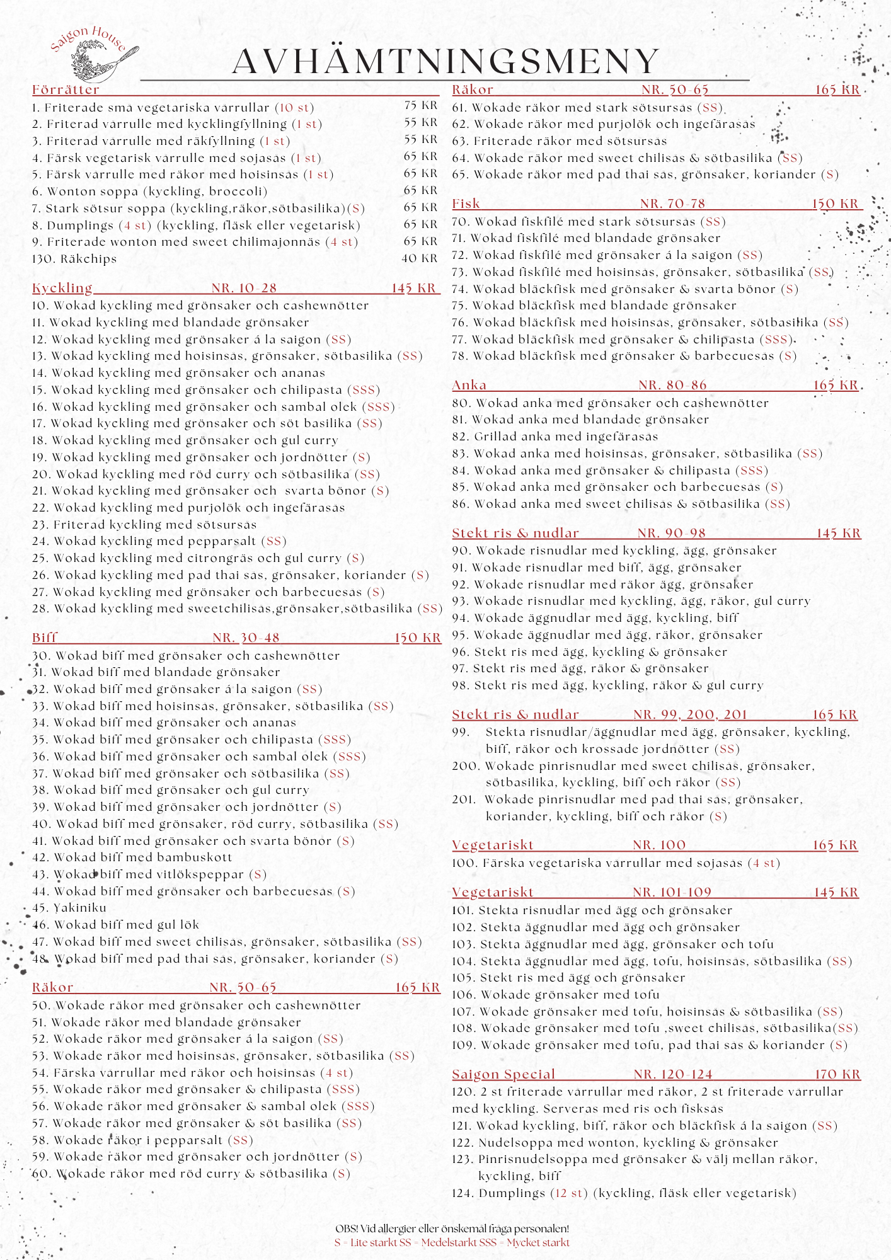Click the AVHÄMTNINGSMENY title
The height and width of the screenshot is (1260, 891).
tap(446, 61)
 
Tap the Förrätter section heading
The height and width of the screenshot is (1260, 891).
tap(66, 89)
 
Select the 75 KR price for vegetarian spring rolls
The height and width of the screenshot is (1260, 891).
tap(420, 106)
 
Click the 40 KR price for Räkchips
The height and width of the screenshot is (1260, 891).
tap(419, 258)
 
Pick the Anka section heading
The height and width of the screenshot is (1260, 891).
tap(469, 385)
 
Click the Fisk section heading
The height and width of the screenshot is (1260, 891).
tap(466, 203)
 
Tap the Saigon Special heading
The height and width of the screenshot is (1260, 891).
tap(503, 1074)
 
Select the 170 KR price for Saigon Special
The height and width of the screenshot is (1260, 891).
tap(837, 1074)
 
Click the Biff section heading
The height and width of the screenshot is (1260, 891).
tap(45, 638)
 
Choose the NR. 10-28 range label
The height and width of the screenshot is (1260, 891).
tap(244, 288)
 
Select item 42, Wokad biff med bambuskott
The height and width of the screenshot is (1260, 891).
tap(132, 857)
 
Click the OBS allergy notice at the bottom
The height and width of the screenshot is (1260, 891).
tap(452, 1228)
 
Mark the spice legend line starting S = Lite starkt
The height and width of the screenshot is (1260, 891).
tap(452, 1242)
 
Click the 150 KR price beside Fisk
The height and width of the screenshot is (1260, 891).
tap(835, 203)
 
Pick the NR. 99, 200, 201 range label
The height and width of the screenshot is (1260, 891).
tap(690, 714)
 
